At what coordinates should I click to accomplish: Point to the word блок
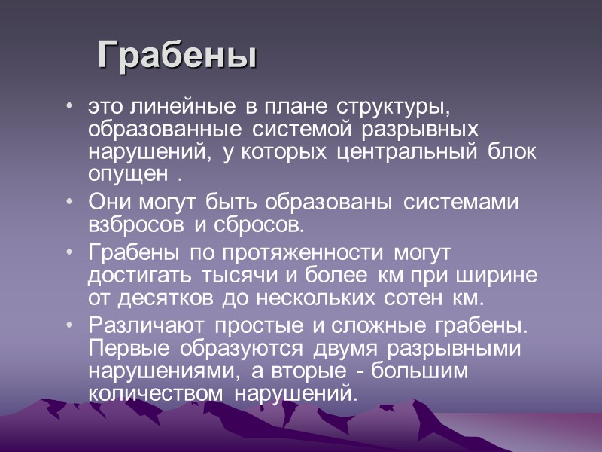coord(516,151)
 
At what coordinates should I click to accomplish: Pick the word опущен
coord(129,174)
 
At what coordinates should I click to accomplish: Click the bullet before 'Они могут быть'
coord(70,203)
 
